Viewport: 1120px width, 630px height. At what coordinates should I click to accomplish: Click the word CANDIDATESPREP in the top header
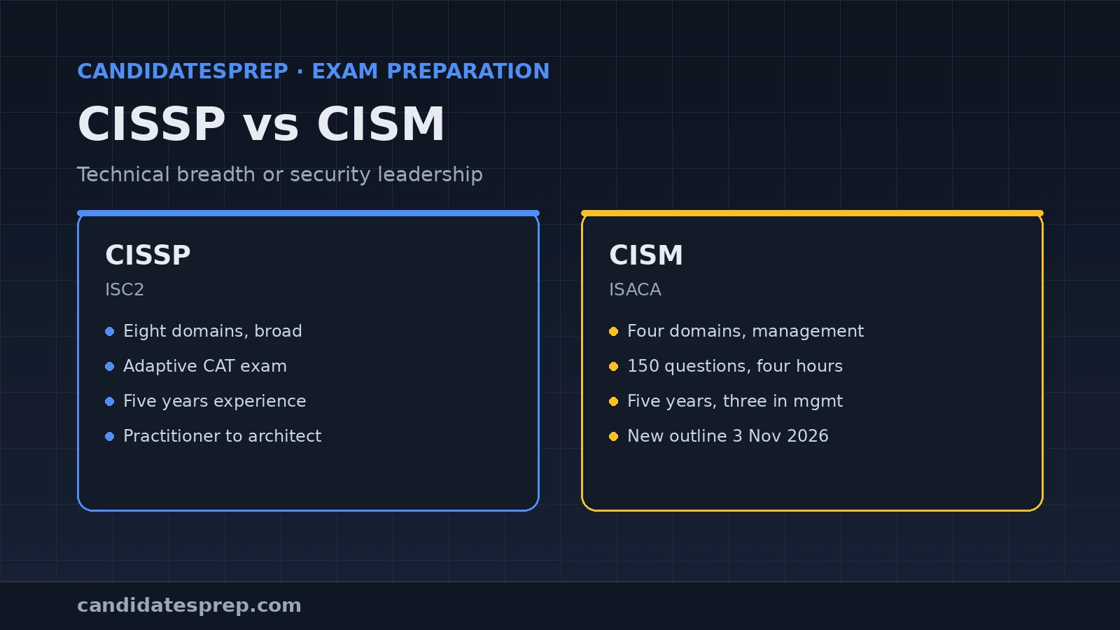(183, 71)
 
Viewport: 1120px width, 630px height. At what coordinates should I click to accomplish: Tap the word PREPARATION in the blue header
(468, 71)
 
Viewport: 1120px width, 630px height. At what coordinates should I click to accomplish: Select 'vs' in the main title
(271, 127)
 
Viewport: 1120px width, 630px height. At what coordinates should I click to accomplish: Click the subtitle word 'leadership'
(430, 174)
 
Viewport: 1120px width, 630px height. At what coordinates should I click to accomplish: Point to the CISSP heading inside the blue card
(148, 255)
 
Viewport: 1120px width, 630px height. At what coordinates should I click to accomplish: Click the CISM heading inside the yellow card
(645, 255)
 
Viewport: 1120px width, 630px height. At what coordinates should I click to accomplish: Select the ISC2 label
(125, 290)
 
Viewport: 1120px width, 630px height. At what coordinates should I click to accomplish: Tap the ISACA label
(635, 290)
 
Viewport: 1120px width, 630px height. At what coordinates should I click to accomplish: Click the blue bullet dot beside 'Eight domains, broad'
(109, 332)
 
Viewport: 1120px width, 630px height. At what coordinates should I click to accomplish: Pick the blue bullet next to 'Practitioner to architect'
(109, 437)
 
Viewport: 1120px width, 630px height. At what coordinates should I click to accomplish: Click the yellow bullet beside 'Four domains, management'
(613, 332)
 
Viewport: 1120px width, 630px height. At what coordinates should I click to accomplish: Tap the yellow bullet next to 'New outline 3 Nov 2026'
(613, 437)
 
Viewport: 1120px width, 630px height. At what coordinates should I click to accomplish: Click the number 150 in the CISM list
(643, 366)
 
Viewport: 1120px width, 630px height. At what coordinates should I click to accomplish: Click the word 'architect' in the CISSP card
(284, 436)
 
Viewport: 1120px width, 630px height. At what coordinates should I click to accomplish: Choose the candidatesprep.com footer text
(189, 606)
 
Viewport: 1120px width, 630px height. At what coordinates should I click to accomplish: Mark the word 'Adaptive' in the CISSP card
(160, 367)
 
